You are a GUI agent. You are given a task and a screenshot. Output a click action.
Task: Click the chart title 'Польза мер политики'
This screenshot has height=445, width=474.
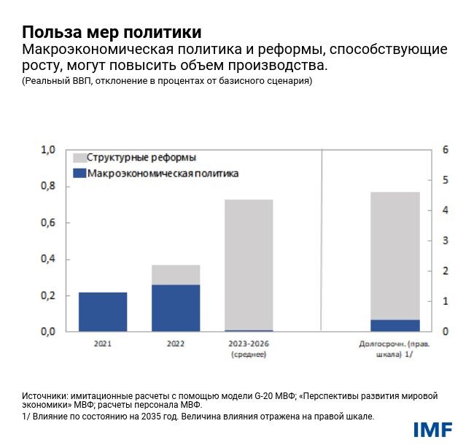pyautogui.click(x=112, y=33)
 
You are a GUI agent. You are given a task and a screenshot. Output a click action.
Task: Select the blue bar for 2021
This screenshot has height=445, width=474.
pyautogui.click(x=102, y=311)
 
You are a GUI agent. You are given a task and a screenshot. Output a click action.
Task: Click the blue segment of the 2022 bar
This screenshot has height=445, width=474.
pyautogui.click(x=176, y=308)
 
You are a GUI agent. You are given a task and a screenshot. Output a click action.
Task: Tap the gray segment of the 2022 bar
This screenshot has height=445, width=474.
pyautogui.click(x=176, y=274)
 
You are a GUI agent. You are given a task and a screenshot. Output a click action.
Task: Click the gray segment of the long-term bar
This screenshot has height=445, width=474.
pyautogui.click(x=395, y=255)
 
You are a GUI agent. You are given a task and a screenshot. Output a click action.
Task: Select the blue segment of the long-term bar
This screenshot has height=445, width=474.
pyautogui.click(x=395, y=325)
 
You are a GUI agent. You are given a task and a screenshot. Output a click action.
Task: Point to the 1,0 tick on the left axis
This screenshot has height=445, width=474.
pyautogui.click(x=48, y=150)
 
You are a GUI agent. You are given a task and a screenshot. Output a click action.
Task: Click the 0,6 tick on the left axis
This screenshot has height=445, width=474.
pyautogui.click(x=48, y=223)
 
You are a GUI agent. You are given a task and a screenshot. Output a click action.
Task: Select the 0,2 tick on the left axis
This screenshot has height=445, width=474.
pyautogui.click(x=48, y=295)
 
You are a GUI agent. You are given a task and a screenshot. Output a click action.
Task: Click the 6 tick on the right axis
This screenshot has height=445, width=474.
pyautogui.click(x=446, y=150)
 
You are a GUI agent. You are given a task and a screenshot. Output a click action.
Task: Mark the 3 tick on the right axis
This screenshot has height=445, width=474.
pyautogui.click(x=446, y=241)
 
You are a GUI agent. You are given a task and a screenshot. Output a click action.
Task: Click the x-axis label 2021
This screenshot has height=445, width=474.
pyautogui.click(x=103, y=343)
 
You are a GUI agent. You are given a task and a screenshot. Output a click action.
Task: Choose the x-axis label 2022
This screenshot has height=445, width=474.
pyautogui.click(x=176, y=343)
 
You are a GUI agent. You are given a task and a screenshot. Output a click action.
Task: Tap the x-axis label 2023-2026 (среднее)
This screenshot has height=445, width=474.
pyautogui.click(x=249, y=348)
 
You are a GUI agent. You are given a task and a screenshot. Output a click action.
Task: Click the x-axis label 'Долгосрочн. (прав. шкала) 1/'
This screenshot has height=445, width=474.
pyautogui.click(x=395, y=348)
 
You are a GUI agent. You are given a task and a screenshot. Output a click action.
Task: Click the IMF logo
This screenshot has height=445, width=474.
pyautogui.click(x=432, y=429)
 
